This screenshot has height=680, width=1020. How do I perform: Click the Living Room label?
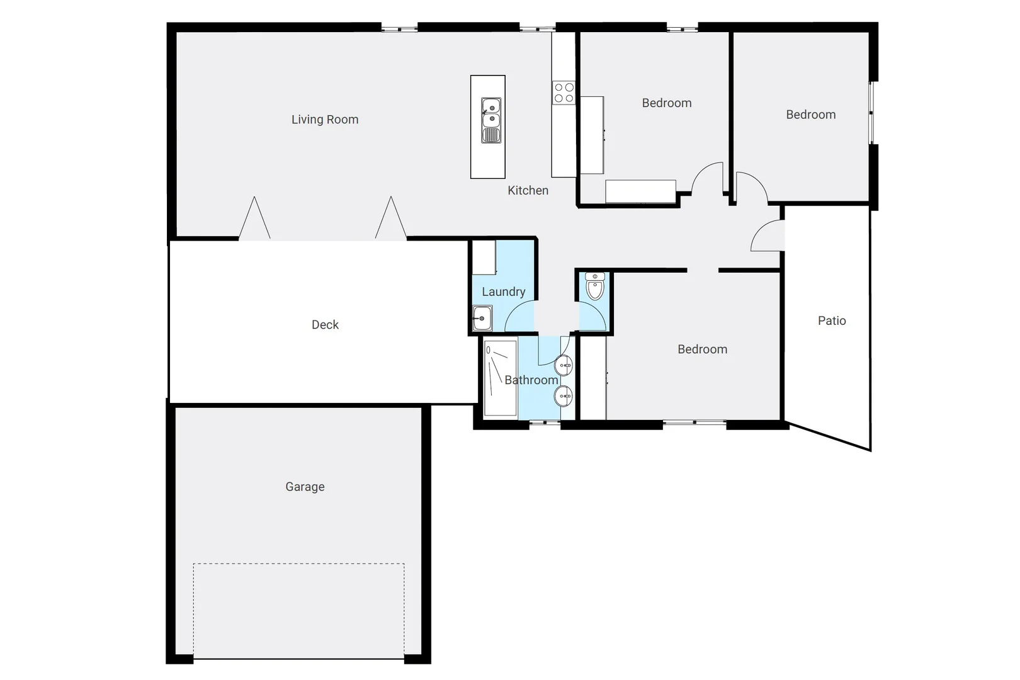click(325, 120)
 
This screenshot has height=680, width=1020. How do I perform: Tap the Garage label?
click(305, 487)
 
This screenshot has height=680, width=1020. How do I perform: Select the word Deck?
click(325, 325)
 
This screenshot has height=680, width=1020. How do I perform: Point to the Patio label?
click(832, 320)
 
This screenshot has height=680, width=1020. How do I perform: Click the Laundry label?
click(503, 292)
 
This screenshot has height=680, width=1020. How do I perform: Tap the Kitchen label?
click(528, 190)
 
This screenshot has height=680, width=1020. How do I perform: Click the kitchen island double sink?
click(491, 120)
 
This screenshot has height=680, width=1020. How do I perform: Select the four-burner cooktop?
click(564, 93)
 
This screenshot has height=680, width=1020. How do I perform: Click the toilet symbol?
click(594, 287)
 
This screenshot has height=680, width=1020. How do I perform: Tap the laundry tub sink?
click(482, 318)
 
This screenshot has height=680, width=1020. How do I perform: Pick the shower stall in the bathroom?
click(500, 378)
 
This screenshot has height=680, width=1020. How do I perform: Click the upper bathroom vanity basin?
click(564, 365)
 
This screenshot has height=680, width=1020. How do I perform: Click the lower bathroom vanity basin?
click(564, 396)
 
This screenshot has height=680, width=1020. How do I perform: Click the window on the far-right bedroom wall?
click(873, 113)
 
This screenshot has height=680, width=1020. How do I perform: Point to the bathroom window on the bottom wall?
click(545, 423)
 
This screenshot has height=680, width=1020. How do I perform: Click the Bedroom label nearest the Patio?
click(702, 349)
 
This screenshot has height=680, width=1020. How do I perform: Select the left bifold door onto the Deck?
click(254, 219)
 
